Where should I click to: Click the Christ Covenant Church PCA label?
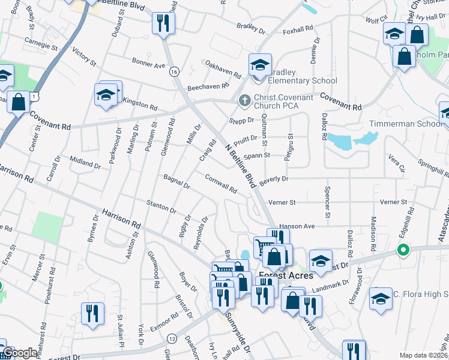(283, 101)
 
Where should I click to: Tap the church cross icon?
(244, 101)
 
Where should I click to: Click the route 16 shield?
(174, 71)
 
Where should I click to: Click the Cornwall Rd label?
(221, 184)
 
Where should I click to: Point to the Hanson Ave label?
(297, 226)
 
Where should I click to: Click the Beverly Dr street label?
(274, 179)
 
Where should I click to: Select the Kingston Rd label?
(139, 104)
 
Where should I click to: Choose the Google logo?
(20, 353)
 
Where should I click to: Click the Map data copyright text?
(424, 355)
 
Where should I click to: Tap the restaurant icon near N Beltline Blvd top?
(163, 24)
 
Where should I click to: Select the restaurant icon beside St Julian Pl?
(92, 314)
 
